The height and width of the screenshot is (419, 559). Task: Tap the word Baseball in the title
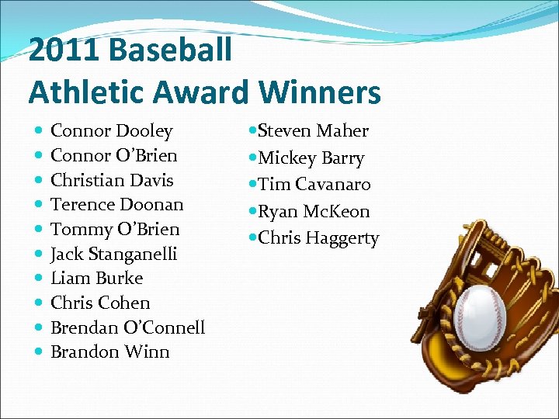[170, 50]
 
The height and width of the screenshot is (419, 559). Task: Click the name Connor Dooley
[111, 131]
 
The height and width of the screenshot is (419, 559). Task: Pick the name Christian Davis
[112, 180]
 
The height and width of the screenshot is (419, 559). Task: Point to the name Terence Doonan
[116, 205]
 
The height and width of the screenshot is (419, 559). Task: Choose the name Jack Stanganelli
[113, 254]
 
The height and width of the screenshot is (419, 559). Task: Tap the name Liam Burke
[96, 278]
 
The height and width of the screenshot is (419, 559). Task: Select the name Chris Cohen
[100, 303]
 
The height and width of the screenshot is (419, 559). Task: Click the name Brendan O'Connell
[127, 327]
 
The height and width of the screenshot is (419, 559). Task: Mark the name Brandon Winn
[109, 351]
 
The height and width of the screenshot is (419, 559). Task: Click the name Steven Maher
[313, 131]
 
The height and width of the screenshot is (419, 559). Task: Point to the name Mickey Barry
[311, 158]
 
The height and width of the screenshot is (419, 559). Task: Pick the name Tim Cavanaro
[314, 185]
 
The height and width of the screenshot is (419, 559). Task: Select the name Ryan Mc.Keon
[314, 211]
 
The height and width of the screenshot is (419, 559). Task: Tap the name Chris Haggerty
[318, 238]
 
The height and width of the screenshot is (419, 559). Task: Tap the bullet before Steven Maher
[252, 131]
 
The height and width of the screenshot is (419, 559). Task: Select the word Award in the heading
[201, 92]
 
